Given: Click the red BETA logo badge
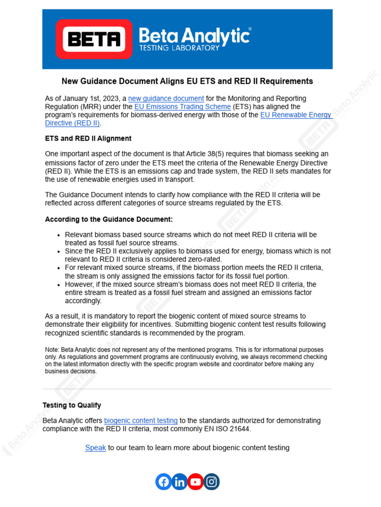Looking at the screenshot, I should pos(94,39).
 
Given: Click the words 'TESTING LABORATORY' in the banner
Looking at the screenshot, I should pos(179,48).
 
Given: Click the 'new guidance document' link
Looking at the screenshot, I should pos(166,99).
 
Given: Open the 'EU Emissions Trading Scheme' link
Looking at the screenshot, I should pos(183,106).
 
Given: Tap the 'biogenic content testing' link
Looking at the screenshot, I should pos(140,420).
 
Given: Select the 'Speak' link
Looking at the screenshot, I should pos(95,448).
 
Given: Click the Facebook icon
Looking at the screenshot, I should pos(163,482).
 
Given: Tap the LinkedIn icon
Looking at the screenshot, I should pos(179,482).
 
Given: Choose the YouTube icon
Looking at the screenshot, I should pos(195,482).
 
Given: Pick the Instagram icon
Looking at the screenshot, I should pos(211,482).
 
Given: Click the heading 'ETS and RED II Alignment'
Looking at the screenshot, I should pos(88,138).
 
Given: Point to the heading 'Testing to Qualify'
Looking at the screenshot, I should pos(72,405).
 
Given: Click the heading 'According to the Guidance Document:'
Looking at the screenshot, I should pos(109,219).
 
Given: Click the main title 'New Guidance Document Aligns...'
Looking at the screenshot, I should pos(187,81).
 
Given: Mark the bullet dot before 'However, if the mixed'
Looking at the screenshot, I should pos(59,285).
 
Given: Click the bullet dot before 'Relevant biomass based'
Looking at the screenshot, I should pos(59,235).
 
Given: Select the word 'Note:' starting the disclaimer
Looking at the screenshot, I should pos(53,350).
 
